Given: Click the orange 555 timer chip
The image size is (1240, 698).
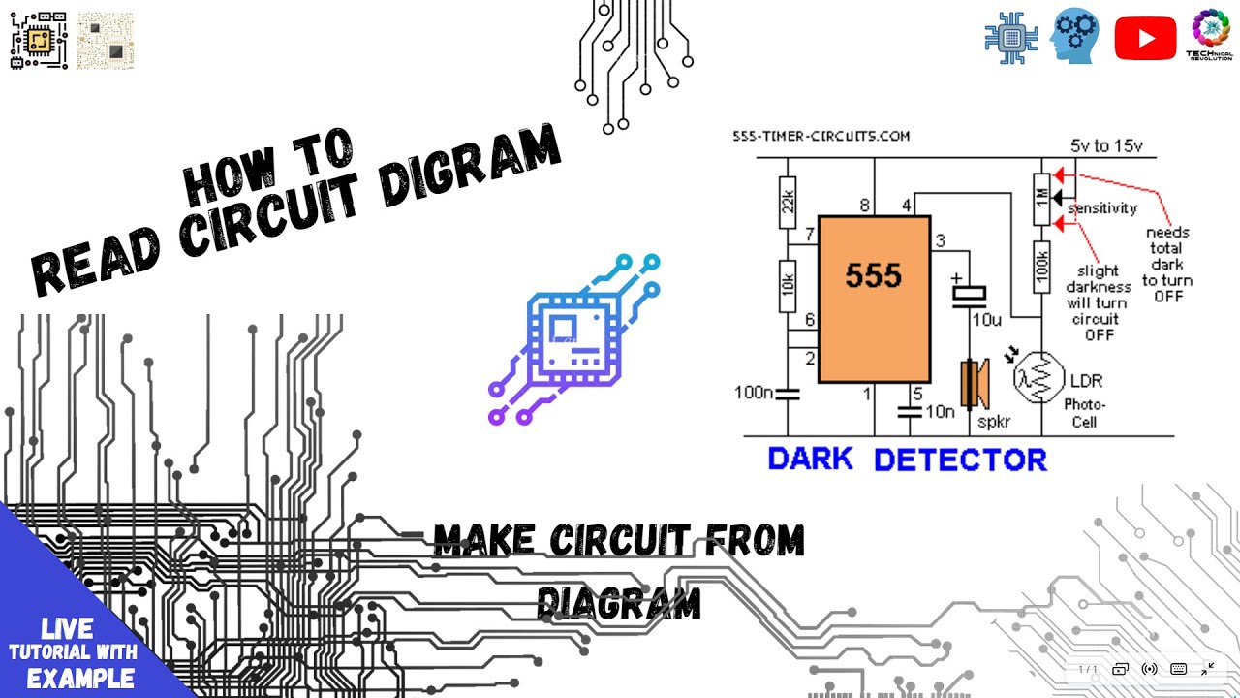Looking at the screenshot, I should click(x=874, y=299).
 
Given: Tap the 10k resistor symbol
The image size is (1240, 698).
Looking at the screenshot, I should click(x=788, y=286).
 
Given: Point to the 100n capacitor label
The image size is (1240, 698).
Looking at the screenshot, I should click(x=755, y=393).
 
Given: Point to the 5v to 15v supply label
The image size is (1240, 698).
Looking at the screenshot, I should click(x=1106, y=146).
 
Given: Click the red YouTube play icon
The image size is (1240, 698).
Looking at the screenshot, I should click(x=1145, y=39).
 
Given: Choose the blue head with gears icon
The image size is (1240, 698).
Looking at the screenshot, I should click(x=1075, y=37).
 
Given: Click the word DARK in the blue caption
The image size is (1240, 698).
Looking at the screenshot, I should click(x=811, y=459).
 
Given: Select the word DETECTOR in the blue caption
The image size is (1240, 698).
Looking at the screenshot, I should click(x=960, y=459).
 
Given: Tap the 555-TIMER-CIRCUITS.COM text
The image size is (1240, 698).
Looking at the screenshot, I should click(x=821, y=137).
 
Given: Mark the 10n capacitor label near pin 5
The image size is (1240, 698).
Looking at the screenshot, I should click(x=940, y=411).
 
